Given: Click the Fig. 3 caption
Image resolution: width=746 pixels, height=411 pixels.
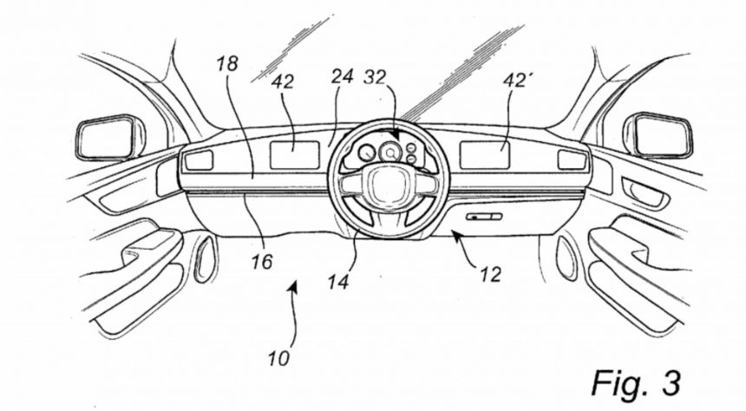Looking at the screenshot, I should (x=637, y=381).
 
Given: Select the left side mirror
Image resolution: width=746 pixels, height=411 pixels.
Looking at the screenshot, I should (x=109, y=138).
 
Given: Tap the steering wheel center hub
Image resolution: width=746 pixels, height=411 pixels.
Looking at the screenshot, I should (x=384, y=184).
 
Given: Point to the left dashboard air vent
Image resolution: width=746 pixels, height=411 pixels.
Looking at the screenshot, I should (x=199, y=160).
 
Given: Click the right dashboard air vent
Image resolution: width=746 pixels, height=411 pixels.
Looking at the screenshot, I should (x=572, y=160).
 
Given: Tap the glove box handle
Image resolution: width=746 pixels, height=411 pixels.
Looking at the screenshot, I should (x=482, y=216).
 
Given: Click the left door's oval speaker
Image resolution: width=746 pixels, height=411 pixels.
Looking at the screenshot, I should (x=204, y=258).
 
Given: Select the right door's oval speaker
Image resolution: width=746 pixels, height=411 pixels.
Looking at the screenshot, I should (x=566, y=258).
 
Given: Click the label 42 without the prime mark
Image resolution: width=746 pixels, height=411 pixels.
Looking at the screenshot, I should (x=283, y=82).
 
